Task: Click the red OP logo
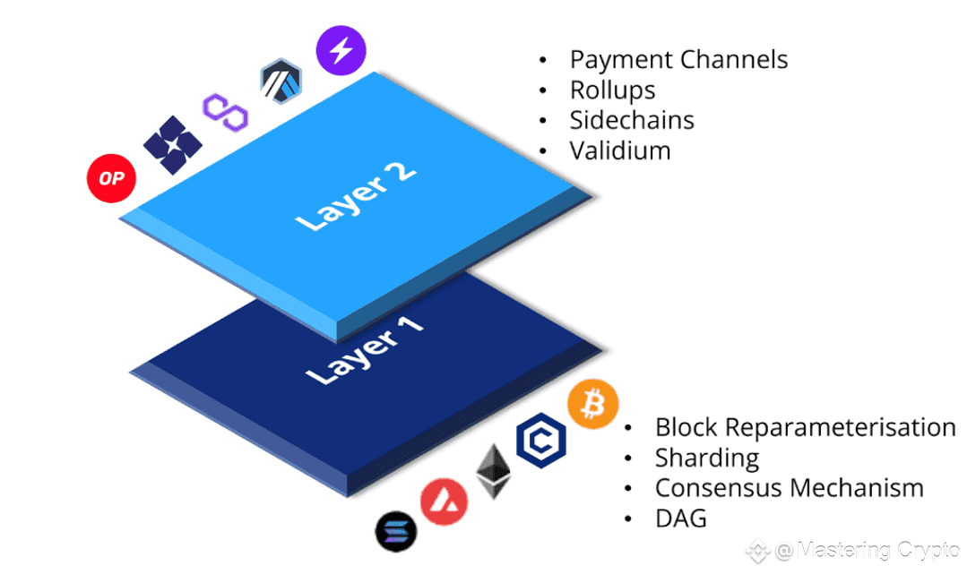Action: click(x=111, y=178)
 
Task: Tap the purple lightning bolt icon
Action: click(x=341, y=50)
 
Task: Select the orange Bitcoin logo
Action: click(x=592, y=404)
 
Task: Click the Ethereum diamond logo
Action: click(x=494, y=472)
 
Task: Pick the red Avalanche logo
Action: click(x=444, y=501)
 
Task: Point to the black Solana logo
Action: click(x=396, y=531)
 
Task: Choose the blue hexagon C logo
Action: click(x=540, y=441)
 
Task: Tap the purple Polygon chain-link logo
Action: click(x=226, y=112)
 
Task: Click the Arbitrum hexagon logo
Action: click(x=281, y=81)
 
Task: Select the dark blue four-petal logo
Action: click(x=173, y=145)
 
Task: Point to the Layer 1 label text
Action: click(x=365, y=350)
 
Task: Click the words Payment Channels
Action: click(x=679, y=60)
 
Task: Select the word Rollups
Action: click(x=612, y=90)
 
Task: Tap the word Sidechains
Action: click(x=632, y=120)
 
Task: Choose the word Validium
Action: click(x=620, y=150)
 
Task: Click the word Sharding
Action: click(x=707, y=458)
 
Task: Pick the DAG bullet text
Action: click(x=681, y=518)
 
